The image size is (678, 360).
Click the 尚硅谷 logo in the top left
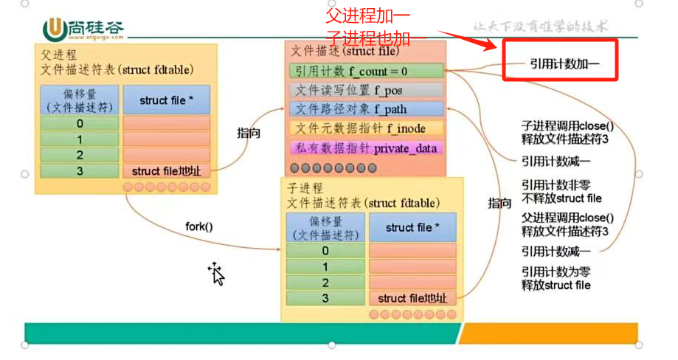tap(83, 29)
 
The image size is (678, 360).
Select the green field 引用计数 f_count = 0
tap(366, 71)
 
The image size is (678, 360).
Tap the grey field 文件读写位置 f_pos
tap(366, 90)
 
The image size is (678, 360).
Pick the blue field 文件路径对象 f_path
tap(366, 109)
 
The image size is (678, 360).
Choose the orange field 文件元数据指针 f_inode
tap(366, 128)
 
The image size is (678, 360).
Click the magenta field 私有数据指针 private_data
tap(366, 148)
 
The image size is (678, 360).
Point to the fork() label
tap(198, 227)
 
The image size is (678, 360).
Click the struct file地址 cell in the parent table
tap(167, 171)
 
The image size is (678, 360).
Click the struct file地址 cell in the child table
tap(412, 298)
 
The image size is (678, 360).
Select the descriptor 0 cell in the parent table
tap(79, 123)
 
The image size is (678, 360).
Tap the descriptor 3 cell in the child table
tap(325, 298)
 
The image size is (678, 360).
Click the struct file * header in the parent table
tap(167, 100)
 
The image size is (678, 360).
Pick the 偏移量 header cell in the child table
tap(325, 228)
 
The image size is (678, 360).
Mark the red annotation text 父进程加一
tap(368, 14)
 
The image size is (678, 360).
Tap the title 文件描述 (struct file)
tap(345, 52)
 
